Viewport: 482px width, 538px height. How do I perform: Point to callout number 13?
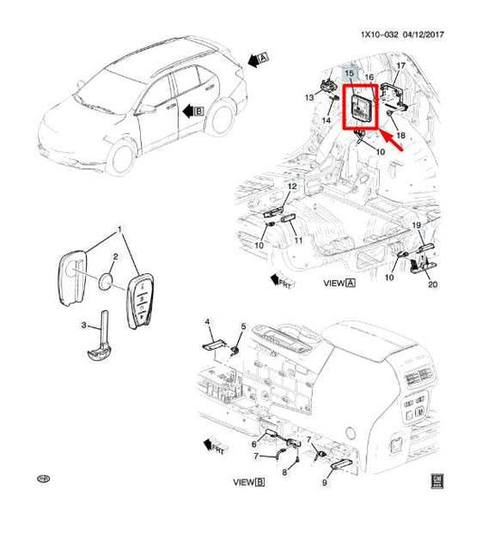309,97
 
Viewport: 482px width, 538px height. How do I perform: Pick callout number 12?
291,186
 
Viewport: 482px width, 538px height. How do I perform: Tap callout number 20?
431,285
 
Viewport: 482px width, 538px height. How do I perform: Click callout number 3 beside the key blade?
84,325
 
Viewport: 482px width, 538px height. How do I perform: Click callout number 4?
207,322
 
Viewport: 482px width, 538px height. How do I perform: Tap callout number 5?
243,326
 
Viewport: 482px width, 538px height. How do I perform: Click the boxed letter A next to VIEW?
350,283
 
